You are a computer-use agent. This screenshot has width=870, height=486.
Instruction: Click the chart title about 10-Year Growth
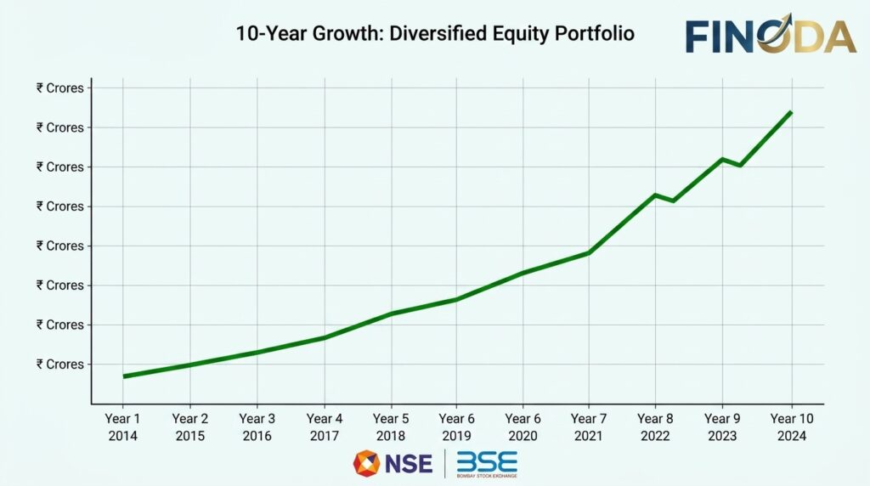coord(434,35)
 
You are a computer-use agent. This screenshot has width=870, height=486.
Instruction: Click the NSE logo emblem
coord(367,463)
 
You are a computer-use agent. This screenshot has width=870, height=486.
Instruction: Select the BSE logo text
coord(487,463)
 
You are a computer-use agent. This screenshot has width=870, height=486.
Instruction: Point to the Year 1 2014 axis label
coord(122,427)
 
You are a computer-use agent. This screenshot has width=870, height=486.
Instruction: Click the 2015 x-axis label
coord(189,427)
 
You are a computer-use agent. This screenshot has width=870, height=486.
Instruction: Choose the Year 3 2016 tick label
coord(257,427)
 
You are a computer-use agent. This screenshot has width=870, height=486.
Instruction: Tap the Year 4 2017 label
coord(324,427)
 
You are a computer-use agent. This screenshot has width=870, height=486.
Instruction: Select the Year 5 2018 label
coord(391,427)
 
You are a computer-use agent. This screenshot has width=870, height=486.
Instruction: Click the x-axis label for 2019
coord(456,427)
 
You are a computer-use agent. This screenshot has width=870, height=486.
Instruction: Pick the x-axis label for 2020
coord(523,427)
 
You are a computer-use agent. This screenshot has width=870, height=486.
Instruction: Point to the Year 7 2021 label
coord(589,427)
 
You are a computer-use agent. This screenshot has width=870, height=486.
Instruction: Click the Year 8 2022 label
coord(655,427)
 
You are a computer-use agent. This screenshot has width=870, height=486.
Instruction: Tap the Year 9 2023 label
coord(722,427)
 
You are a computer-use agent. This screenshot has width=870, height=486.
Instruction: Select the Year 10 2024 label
coord(791,427)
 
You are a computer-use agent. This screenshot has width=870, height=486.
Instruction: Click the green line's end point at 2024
coord(791,112)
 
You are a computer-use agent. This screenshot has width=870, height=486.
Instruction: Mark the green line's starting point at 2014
coord(124,376)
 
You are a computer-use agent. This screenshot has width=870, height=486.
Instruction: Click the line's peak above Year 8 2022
coord(655,195)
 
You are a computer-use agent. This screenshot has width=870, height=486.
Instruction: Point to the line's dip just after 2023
coord(741,165)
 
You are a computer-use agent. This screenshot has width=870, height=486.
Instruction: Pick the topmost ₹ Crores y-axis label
coord(59,88)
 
